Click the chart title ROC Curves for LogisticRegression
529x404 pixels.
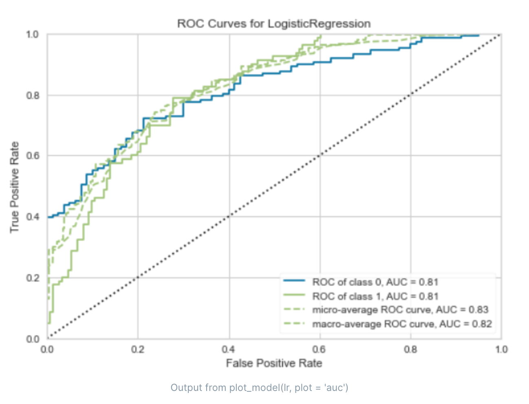point(273,24)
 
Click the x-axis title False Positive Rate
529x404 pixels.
point(274,363)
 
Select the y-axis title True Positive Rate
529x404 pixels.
point(15,187)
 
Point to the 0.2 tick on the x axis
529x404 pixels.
point(138,349)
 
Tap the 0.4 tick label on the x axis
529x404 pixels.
point(229,349)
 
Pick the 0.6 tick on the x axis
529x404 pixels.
point(320,349)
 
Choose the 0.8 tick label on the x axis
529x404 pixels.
point(410,349)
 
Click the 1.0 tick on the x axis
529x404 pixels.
point(501,349)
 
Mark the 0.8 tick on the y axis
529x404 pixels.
point(33,95)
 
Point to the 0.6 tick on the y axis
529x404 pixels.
point(33,156)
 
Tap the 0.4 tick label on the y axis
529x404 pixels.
point(33,217)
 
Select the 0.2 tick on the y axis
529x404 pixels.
point(33,278)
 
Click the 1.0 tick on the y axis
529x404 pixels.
point(33,35)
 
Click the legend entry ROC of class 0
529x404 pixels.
point(375,282)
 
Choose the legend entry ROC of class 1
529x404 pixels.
point(375,296)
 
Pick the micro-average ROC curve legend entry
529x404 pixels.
point(400,310)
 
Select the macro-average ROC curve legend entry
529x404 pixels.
point(402,324)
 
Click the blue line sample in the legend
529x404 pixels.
point(294,281)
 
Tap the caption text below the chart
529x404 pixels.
point(259,387)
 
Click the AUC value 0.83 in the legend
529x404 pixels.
point(478,310)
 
